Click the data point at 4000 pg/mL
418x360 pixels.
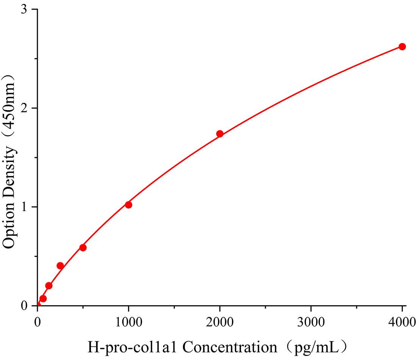[x=402, y=47]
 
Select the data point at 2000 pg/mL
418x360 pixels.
[x=220, y=134]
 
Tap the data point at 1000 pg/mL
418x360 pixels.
[x=128, y=205]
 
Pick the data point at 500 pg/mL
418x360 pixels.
[x=83, y=248]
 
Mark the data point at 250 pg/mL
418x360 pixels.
[x=60, y=266]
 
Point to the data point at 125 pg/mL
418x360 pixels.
[x=49, y=285]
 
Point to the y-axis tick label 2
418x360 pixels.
[x=25, y=108]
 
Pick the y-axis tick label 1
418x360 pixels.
[x=25, y=207]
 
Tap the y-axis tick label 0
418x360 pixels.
[x=25, y=306]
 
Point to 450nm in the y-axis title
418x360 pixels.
[x=9, y=103]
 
